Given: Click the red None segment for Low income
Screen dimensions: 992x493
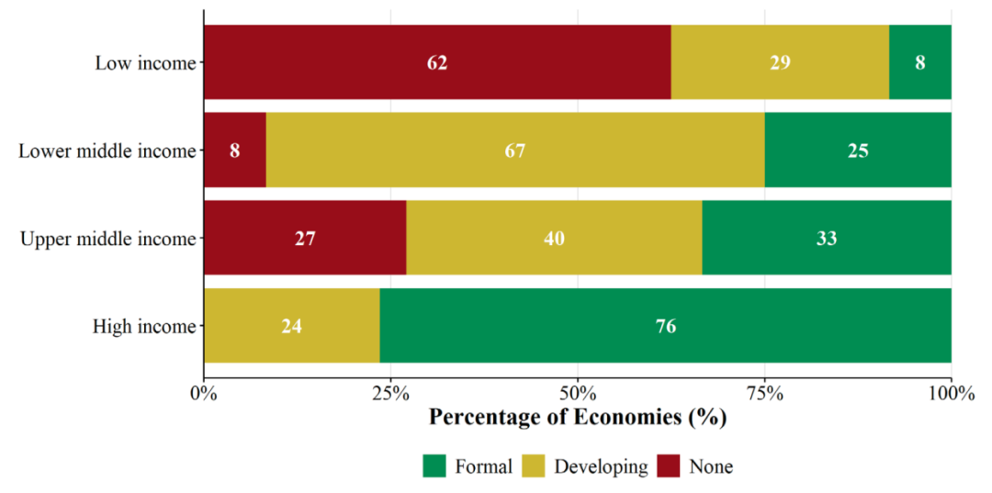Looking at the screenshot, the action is (x=437, y=62).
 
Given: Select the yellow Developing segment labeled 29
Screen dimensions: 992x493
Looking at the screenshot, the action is (x=780, y=62).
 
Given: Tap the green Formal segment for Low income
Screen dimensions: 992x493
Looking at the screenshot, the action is (x=920, y=62).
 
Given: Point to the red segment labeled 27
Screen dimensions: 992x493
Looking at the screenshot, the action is (x=305, y=238).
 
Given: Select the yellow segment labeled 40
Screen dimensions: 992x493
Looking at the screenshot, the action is (x=554, y=238).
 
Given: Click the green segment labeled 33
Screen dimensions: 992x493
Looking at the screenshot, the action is (x=827, y=238).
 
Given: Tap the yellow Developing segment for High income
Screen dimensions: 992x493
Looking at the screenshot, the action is (x=292, y=326).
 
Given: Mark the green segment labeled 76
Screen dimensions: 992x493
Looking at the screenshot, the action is (x=666, y=326).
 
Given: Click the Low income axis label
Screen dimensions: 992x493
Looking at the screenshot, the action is (x=144, y=62).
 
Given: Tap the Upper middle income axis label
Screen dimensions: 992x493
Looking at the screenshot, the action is (x=107, y=239).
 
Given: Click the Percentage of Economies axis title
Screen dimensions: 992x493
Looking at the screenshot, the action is (x=578, y=419).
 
